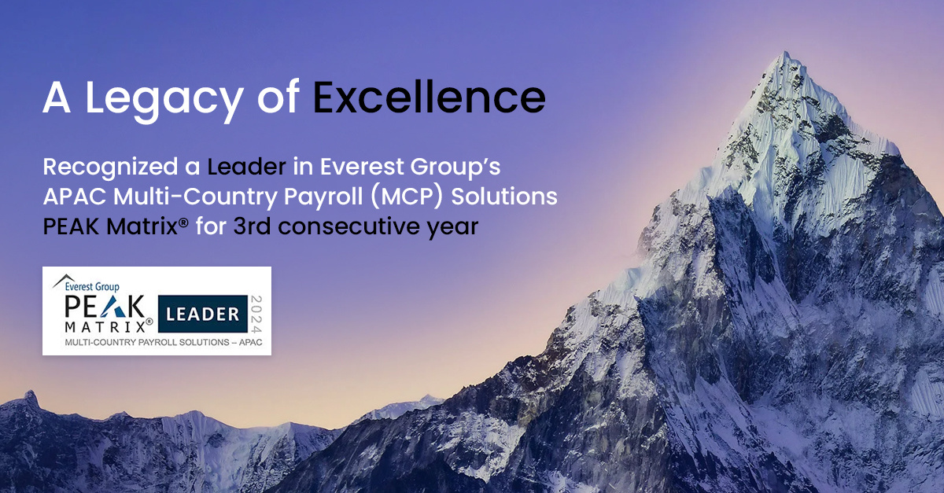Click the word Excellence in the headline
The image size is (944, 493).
tap(429, 97)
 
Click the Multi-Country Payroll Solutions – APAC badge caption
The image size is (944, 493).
tap(157, 344)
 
